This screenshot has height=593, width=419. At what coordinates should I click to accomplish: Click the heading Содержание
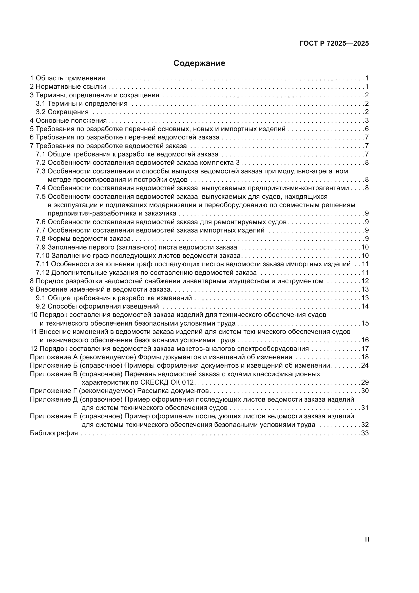tap(199, 63)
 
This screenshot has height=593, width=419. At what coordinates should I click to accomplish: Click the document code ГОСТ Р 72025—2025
tap(334, 43)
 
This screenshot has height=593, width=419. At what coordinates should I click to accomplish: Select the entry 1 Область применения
tap(68, 78)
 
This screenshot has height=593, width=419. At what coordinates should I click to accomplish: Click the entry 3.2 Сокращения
tap(62, 112)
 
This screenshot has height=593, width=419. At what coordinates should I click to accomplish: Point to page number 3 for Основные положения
tap(367, 120)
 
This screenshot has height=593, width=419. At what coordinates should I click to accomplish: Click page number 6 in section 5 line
tap(367, 129)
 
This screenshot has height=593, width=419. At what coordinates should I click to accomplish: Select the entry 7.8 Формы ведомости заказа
tap(83, 239)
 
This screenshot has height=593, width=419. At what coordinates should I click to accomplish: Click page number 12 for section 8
tap(365, 281)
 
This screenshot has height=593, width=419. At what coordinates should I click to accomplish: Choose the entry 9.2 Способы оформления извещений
tap(97, 306)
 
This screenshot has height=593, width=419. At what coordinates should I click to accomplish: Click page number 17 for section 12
tap(365, 349)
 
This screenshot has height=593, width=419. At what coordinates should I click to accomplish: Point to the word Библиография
tap(54, 433)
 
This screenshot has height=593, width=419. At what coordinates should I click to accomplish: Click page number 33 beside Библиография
tap(365, 433)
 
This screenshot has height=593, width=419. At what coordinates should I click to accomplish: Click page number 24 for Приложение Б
tap(365, 366)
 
